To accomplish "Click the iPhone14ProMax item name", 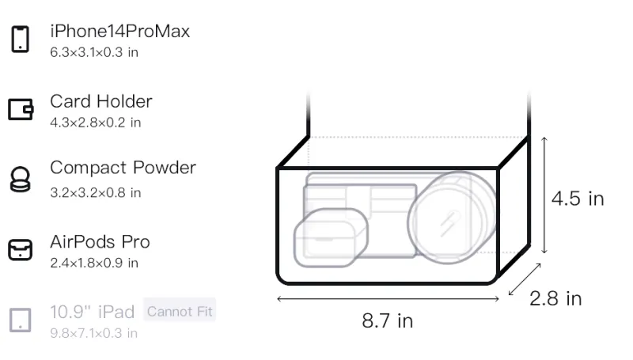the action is point(120,31).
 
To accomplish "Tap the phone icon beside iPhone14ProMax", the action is point(21,39).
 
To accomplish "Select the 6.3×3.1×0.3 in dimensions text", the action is point(94,52).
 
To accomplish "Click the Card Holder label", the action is point(101,101).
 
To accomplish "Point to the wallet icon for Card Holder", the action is point(21,109).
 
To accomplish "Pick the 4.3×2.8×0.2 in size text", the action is point(95,123).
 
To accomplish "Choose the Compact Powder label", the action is point(123,168).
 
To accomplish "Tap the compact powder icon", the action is point(21,179).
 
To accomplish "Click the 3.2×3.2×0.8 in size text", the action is point(95,193).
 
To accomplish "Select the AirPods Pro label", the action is point(100,242).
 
